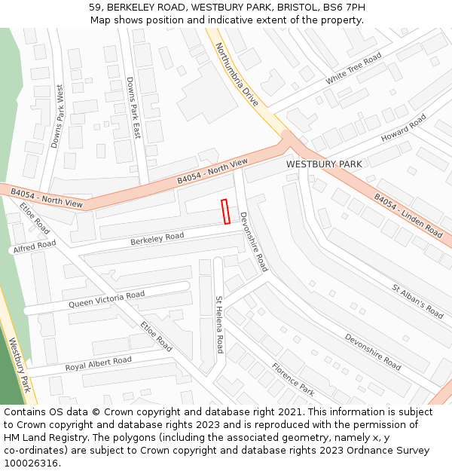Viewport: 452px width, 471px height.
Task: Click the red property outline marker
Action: (225, 211)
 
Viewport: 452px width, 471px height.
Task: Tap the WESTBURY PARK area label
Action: (324, 164)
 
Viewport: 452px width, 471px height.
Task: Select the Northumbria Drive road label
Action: (236, 72)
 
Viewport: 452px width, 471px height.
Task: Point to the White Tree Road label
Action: (353, 69)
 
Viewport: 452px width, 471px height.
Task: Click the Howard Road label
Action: (404, 128)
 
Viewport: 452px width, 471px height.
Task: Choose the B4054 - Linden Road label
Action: (408, 215)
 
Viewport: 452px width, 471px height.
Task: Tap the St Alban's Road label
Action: (417, 300)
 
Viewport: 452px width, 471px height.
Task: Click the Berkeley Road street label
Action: (157, 238)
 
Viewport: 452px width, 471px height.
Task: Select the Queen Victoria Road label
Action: (106, 299)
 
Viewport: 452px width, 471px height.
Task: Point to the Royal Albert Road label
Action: (98, 363)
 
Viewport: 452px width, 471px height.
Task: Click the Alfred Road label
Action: (34, 246)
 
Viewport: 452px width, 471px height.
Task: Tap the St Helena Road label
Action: (219, 324)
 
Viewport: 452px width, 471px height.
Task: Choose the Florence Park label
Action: (293, 378)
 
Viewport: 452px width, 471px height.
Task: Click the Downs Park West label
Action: (57, 116)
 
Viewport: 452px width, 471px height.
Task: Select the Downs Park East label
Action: (133, 108)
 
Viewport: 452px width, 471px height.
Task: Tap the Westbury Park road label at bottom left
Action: (20, 365)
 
